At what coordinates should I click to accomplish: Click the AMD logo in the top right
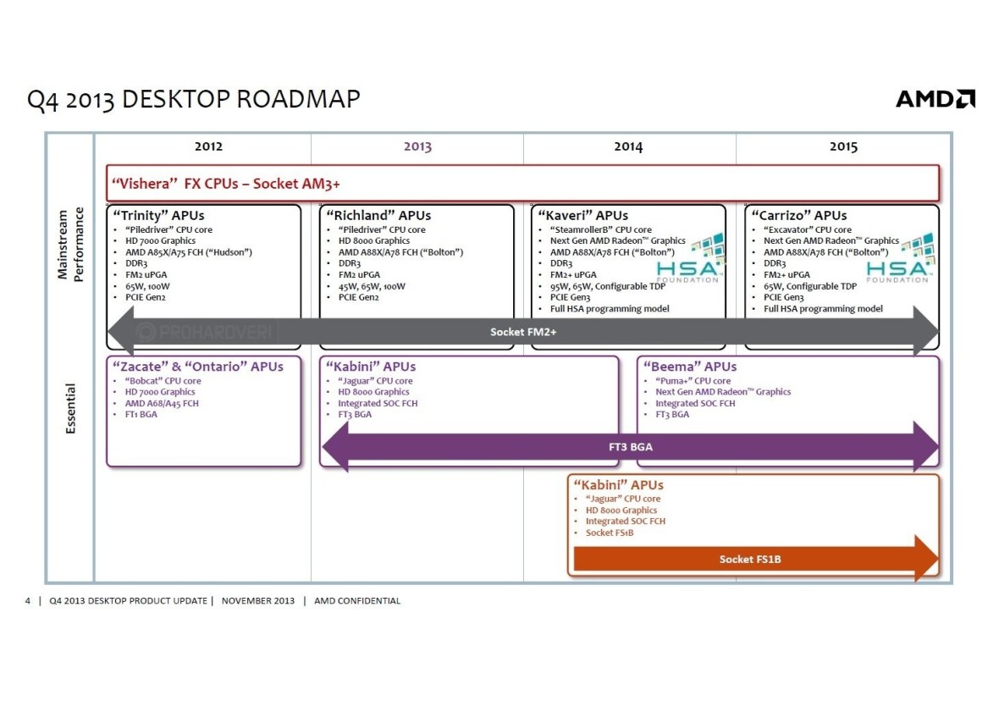coord(935,99)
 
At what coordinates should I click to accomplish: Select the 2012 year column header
coord(208,146)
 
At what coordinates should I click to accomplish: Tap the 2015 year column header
coord(843,146)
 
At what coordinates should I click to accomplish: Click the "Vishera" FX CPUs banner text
coord(226,183)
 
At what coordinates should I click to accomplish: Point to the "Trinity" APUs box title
coord(158,215)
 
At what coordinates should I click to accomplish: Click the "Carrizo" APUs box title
coord(799,215)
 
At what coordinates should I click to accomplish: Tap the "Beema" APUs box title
coord(690,367)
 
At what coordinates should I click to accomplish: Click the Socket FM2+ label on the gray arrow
coord(523,332)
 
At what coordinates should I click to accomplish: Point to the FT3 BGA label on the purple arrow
coord(631,446)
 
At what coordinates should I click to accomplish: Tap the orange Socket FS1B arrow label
coord(750,559)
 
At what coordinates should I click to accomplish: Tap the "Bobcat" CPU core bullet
coord(163,381)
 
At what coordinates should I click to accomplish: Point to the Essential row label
coord(71,410)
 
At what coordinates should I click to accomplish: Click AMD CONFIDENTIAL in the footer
coord(357,601)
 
